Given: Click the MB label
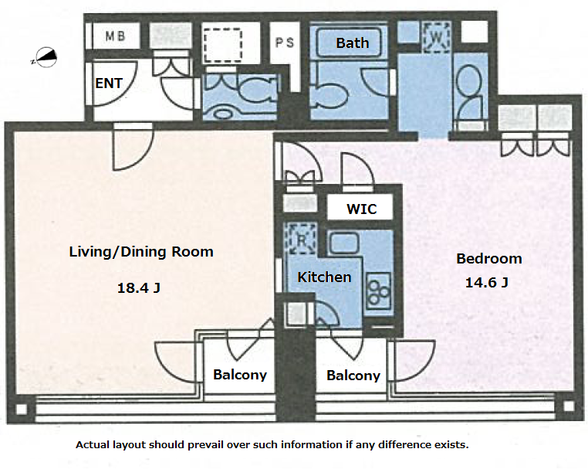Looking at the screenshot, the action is pyautogui.click(x=115, y=36).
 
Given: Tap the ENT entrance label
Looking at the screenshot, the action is pyautogui.click(x=109, y=83).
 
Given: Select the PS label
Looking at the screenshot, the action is pyautogui.click(x=285, y=42).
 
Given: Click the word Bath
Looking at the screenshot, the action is pyautogui.click(x=353, y=42).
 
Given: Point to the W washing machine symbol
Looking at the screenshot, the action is pyautogui.click(x=436, y=37).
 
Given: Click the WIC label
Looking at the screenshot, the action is pyautogui.click(x=361, y=209).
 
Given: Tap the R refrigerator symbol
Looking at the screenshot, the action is pyautogui.click(x=301, y=239).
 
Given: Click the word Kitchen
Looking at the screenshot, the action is pyautogui.click(x=324, y=277).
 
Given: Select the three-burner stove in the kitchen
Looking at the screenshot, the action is pyautogui.click(x=378, y=291).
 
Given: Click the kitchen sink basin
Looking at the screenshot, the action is pyautogui.click(x=344, y=243).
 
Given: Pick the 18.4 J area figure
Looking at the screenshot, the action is pyautogui.click(x=139, y=288).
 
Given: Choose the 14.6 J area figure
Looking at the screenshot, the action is pyautogui.click(x=487, y=282).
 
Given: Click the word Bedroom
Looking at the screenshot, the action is pyautogui.click(x=489, y=258).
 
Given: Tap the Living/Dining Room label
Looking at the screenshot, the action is pyautogui.click(x=141, y=251).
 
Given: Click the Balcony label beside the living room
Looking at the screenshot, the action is pyautogui.click(x=240, y=375).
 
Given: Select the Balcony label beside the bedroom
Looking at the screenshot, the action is pyautogui.click(x=353, y=376).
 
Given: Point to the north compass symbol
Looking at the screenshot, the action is pyautogui.click(x=46, y=57).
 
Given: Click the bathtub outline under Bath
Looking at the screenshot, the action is pyautogui.click(x=349, y=42).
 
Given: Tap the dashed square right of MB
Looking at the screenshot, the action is pyautogui.click(x=222, y=46).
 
